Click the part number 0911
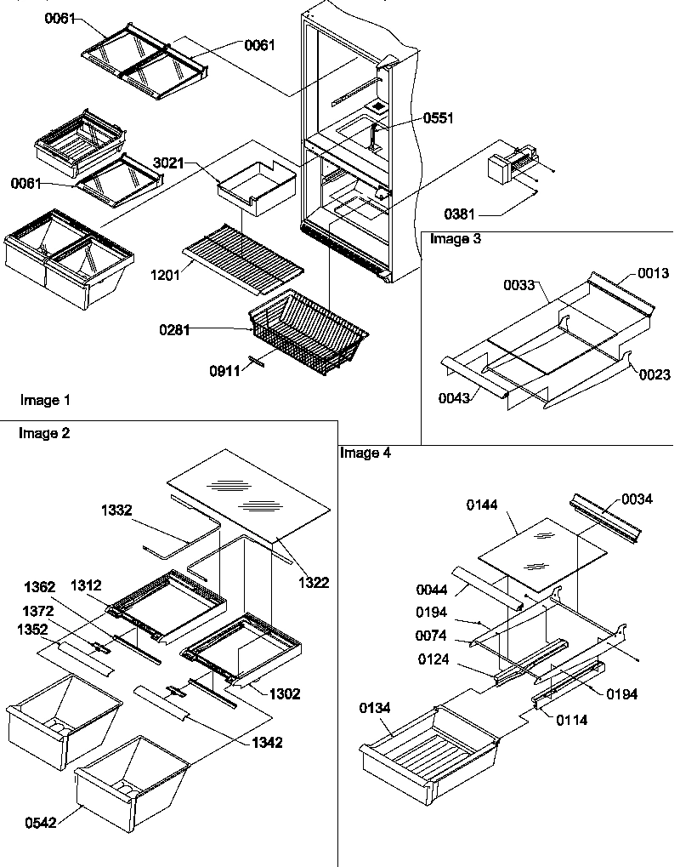(226, 370)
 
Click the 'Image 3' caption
(456, 239)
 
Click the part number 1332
(116, 510)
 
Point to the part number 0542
(42, 824)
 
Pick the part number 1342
(266, 742)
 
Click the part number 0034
(637, 499)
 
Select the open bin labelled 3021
(255, 185)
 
